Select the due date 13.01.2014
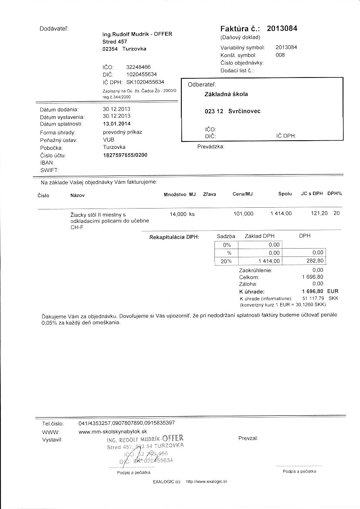pyautogui.click(x=116, y=124)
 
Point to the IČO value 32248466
pyautogui.click(x=138, y=67)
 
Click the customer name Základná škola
pyautogui.click(x=226, y=94)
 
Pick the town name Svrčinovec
pyautogui.click(x=244, y=111)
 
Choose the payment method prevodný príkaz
pyautogui.click(x=122, y=132)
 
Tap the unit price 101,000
pyautogui.click(x=243, y=214)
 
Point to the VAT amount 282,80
pyautogui.click(x=315, y=260)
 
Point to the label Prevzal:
pyautogui.click(x=248, y=438)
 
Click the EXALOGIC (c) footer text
pyautogui.click(x=166, y=482)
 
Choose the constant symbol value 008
pyautogui.click(x=280, y=55)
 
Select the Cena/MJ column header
pyautogui.click(x=243, y=194)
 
